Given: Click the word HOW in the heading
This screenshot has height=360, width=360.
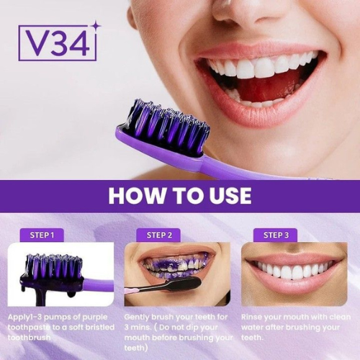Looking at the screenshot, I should pos(135,196).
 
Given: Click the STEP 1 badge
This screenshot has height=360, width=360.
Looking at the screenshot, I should pos(42,235).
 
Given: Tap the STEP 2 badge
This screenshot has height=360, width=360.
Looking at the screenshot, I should pos(159,235).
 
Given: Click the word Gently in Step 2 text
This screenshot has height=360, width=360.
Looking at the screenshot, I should pos(139,316).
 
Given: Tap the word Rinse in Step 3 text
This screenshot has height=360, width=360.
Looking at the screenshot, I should pos(254,316).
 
